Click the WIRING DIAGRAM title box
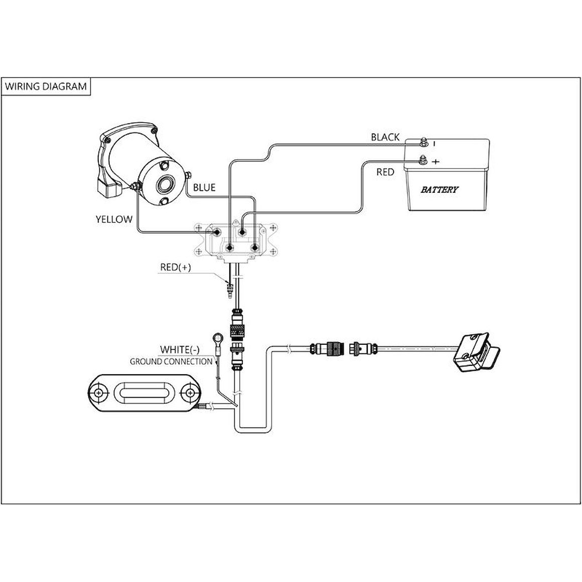point(46,86)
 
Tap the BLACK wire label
point(385,137)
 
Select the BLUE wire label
point(204,188)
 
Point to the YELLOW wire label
point(114,219)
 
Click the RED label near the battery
point(385,172)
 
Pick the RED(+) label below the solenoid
point(176,267)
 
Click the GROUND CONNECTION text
point(171,361)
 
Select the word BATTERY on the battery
point(439,190)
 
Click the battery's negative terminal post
point(423,142)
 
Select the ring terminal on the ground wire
point(217,338)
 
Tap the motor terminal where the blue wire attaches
point(187,175)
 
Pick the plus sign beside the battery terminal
point(435,162)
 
